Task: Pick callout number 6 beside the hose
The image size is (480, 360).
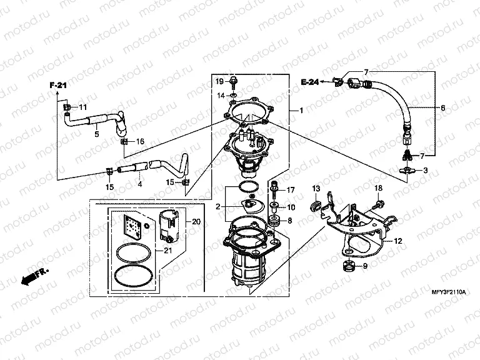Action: coord(442,107)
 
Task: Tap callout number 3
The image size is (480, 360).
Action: coord(426,171)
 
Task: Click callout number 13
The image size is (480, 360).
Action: coord(316,188)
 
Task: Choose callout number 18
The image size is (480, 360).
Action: coord(378,188)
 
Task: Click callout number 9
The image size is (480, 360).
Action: coord(366,267)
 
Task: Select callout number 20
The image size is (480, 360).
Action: coord(196,221)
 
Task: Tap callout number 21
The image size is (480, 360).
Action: coord(167,251)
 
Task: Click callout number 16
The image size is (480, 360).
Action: coord(140,142)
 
